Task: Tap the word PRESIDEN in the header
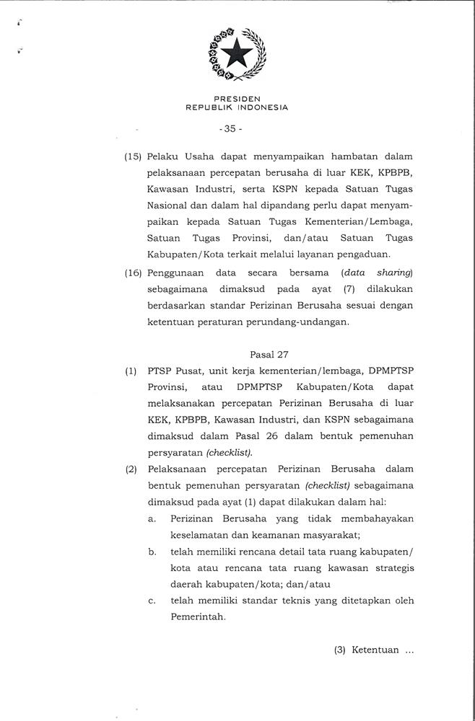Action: [x=237, y=98]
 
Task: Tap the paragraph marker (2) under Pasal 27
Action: [x=131, y=469]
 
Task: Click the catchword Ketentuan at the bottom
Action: [x=376, y=650]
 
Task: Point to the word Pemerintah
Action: [x=198, y=617]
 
